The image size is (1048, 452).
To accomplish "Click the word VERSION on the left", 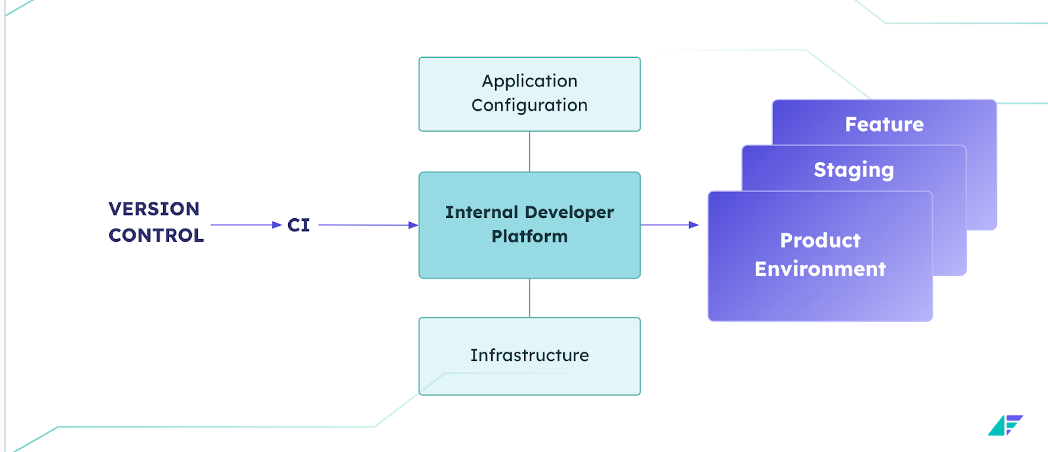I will click(x=154, y=209).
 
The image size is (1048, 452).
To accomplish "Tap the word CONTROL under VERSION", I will click(x=156, y=235).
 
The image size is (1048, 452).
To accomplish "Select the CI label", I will click(x=299, y=225).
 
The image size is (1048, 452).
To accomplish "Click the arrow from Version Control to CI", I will click(x=246, y=225).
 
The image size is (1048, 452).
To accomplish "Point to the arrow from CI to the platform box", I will click(x=367, y=225).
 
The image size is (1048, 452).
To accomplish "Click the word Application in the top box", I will click(x=529, y=81).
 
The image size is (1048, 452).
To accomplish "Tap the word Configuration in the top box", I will click(x=529, y=105).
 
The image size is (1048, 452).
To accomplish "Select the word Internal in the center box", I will click(x=481, y=212).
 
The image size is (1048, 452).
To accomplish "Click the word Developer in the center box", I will click(x=569, y=212).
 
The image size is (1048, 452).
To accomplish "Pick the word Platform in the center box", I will click(x=529, y=236).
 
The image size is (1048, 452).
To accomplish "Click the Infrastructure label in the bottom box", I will click(x=529, y=355).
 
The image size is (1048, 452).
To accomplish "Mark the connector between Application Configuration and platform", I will click(x=529, y=151).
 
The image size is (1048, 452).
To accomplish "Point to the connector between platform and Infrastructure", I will click(x=529, y=298).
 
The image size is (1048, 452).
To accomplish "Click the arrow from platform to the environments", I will click(x=669, y=225).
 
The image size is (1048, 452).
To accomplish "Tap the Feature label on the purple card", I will click(x=884, y=124).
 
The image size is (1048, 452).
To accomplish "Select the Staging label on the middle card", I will click(x=853, y=170).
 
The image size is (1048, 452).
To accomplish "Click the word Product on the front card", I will click(x=820, y=240).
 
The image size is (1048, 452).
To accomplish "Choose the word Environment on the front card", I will click(x=820, y=269).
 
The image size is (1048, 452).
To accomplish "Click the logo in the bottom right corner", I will click(x=1005, y=425).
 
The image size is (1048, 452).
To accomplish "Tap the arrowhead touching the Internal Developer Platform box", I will click(x=413, y=225).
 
